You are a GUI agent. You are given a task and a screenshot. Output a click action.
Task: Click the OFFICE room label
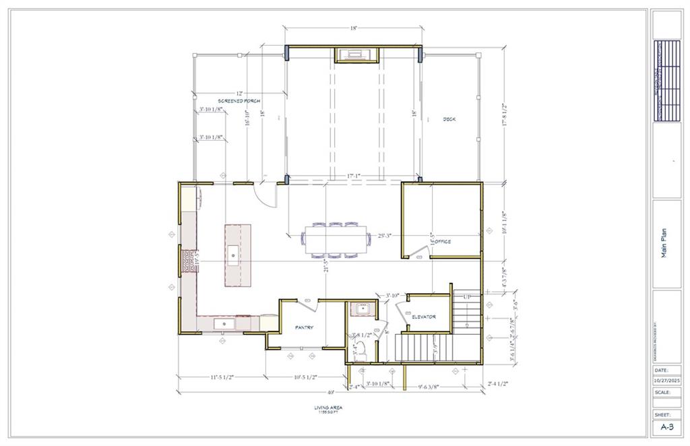[442, 241]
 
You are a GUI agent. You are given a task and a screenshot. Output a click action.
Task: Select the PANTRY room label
[304, 327]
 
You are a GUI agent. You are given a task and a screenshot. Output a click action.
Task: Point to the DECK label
[449, 119]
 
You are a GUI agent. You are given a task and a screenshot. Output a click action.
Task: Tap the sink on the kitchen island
[232, 253]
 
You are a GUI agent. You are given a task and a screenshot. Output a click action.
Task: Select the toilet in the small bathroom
[360, 349]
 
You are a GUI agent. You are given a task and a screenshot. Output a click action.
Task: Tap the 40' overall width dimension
[332, 392]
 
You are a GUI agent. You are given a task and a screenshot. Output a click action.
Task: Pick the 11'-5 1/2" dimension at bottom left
[220, 378]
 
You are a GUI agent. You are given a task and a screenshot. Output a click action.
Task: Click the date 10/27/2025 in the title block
[666, 380]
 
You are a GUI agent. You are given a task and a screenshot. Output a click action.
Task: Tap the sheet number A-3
[666, 427]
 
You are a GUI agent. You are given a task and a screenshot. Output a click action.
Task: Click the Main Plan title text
[666, 243]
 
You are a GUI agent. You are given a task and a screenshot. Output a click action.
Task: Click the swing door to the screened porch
[268, 194]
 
